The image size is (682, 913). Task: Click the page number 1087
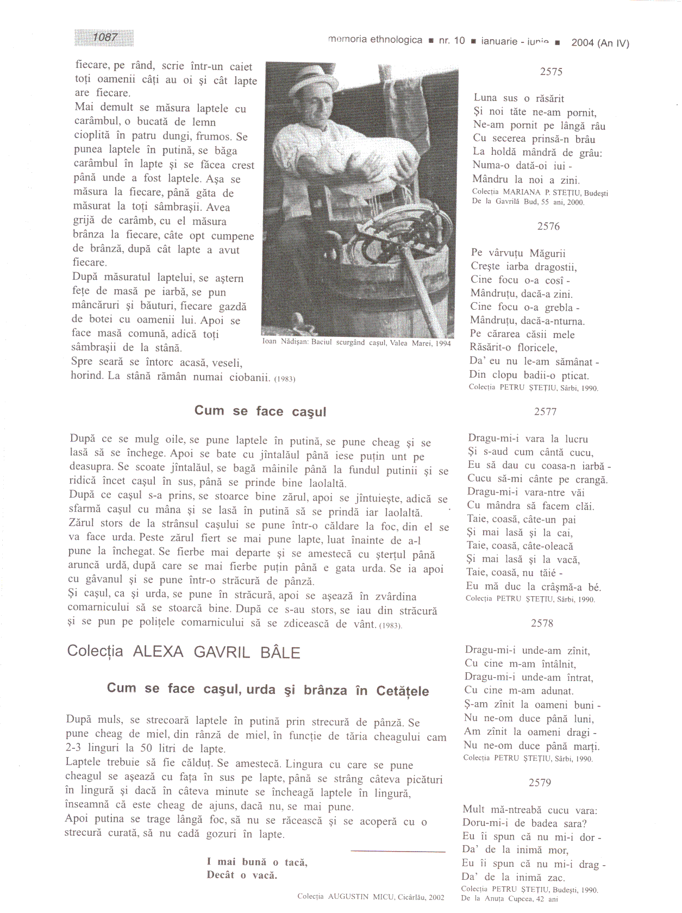(104, 37)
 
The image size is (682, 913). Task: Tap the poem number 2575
(551, 72)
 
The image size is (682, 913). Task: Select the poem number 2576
(548, 227)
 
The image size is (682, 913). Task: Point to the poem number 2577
(545, 412)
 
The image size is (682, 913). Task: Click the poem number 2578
(542, 623)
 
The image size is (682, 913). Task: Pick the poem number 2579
(540, 783)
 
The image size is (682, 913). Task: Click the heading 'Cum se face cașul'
(260, 411)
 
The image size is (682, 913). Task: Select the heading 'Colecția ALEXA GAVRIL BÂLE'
(184, 652)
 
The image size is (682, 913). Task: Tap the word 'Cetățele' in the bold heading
(403, 691)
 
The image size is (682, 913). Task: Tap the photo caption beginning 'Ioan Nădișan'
(356, 343)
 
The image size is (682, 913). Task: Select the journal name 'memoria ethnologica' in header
(375, 40)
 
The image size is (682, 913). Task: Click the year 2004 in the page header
(583, 43)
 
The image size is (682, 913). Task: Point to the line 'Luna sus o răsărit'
(518, 98)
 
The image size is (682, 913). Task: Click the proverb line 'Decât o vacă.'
(242, 875)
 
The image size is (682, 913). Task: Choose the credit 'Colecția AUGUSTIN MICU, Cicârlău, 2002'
(371, 897)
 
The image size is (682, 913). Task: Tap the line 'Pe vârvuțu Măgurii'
(518, 253)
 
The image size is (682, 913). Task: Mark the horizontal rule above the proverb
(398, 852)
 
